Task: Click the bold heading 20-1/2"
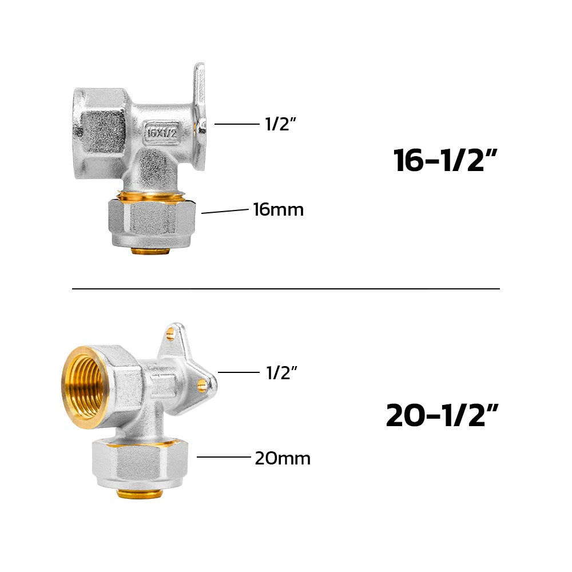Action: (x=442, y=415)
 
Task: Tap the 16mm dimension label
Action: (x=279, y=210)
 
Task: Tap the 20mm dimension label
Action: (x=283, y=459)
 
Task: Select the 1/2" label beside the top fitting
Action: (x=280, y=124)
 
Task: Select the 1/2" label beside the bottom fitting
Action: (x=281, y=372)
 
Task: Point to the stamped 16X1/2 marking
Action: (x=161, y=132)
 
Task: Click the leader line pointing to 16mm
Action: (x=225, y=211)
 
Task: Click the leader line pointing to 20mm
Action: (x=224, y=456)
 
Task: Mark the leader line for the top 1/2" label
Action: (x=237, y=124)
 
